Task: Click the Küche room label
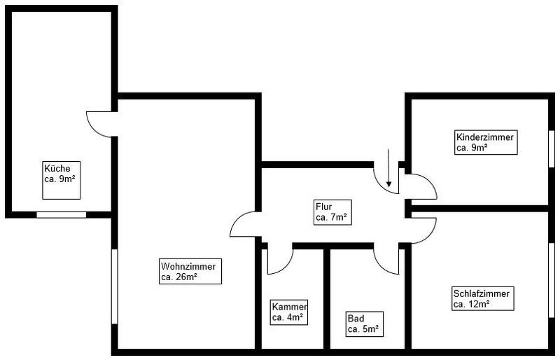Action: click(x=61, y=174)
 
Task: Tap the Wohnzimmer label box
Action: click(x=190, y=272)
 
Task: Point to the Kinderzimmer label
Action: click(x=485, y=142)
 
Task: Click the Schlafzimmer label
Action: click(x=482, y=298)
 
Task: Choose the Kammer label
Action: click(x=289, y=312)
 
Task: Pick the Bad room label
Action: click(x=365, y=324)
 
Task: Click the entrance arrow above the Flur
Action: click(x=389, y=168)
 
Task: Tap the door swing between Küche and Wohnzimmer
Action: click(x=98, y=124)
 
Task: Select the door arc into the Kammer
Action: click(x=279, y=261)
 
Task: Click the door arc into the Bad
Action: click(x=386, y=261)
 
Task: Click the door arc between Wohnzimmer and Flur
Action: click(x=244, y=225)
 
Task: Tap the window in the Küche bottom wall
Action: click(x=61, y=214)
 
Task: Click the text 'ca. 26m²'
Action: click(x=178, y=277)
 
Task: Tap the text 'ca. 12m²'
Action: click(x=471, y=304)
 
